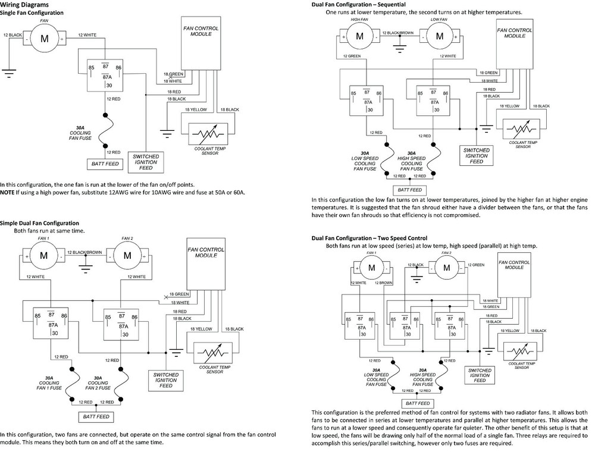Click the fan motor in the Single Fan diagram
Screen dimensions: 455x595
(44, 40)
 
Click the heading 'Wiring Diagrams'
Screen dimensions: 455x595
(24, 4)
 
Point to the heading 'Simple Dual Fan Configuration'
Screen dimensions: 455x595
(39, 222)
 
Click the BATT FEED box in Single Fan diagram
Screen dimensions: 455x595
(105, 163)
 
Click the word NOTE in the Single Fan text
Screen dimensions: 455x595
(8, 192)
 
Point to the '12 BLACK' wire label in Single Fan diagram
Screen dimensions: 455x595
(13, 36)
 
